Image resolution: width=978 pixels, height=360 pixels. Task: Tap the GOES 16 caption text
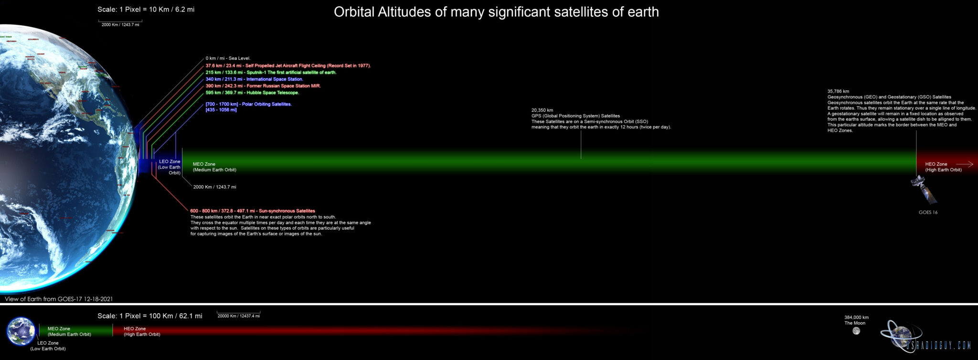928,212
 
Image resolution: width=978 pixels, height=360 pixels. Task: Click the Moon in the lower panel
856,331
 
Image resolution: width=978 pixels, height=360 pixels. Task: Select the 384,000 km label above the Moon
856,318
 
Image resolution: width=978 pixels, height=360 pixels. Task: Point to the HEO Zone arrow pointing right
964,164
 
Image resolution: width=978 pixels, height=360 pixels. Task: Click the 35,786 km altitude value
838,91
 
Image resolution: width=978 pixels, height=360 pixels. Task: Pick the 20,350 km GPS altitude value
542,110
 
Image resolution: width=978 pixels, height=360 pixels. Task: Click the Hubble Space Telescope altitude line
252,93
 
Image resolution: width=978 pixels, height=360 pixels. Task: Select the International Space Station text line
254,79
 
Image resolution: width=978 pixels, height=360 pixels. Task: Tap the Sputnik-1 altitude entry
271,73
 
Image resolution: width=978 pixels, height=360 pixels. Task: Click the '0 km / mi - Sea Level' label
228,58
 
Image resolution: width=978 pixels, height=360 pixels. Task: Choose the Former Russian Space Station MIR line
263,86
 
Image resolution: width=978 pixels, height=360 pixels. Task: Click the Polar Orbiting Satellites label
248,104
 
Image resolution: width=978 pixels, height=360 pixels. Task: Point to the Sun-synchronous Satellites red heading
252,211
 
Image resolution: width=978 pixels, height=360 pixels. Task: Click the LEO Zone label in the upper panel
170,162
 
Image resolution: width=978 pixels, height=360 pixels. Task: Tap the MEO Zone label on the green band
204,164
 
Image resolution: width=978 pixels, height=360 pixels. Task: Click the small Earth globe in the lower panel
21,331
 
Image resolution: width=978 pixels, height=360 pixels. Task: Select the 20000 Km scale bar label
238,316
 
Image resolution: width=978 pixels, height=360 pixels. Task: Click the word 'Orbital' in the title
354,12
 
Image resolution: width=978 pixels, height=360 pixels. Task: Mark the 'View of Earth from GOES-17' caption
59,299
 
